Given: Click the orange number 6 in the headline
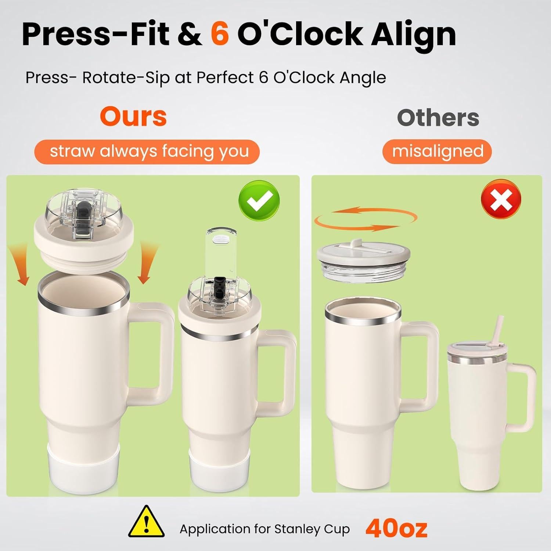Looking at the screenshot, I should click(x=220, y=34).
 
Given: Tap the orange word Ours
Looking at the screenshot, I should click(x=133, y=116).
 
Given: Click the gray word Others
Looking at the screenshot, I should click(x=438, y=118).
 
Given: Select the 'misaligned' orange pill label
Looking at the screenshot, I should click(x=437, y=151).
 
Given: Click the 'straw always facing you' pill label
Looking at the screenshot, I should click(x=147, y=151).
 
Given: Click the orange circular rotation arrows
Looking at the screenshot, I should click(x=365, y=219).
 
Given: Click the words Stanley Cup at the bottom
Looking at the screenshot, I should click(x=312, y=529).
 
